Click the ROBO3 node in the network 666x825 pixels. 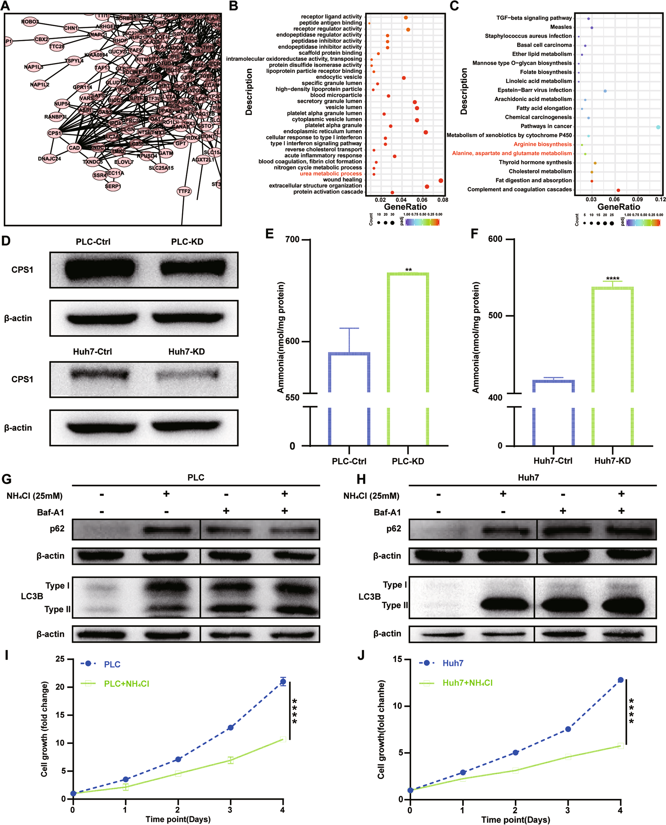click(x=30, y=22)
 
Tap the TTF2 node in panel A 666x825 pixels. click(x=184, y=191)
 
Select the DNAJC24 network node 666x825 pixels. click(x=49, y=158)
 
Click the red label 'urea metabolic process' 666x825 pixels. click(x=330, y=174)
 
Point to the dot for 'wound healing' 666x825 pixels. click(x=440, y=181)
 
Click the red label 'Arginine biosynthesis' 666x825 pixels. click(x=542, y=144)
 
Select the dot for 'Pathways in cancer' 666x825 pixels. click(x=658, y=127)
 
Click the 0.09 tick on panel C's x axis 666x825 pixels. click(x=637, y=199)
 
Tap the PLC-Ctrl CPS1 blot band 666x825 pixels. click(x=100, y=269)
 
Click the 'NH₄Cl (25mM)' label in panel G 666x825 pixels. click(x=35, y=496)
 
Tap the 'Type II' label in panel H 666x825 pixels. click(x=395, y=605)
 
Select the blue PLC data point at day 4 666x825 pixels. click(x=283, y=681)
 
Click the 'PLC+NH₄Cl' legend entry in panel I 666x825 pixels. click(x=126, y=684)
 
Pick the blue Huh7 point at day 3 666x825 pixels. click(x=568, y=729)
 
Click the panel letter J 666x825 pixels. click(x=361, y=655)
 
